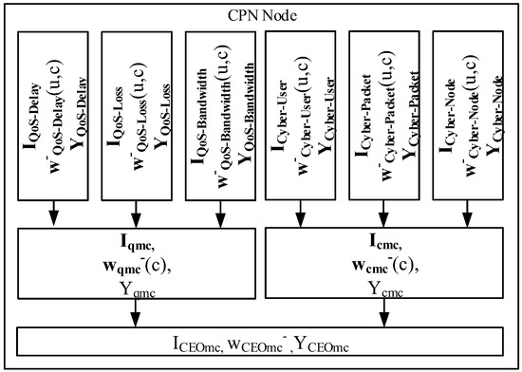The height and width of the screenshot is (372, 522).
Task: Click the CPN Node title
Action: (260, 13)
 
